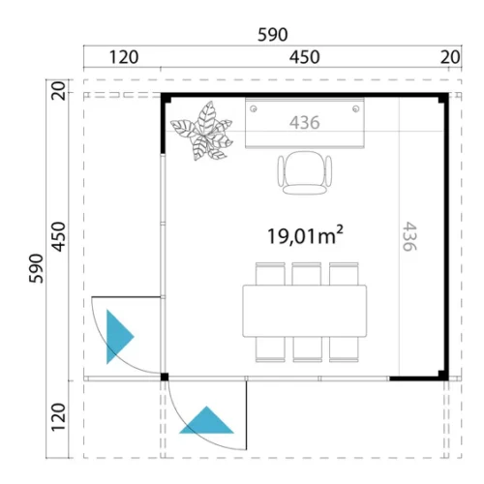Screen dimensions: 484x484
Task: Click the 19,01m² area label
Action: pos(305,235)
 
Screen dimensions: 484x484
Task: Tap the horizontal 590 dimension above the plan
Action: pos(273,35)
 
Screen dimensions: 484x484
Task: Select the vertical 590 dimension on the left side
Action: pos(36,268)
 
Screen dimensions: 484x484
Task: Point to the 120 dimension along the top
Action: pos(124,57)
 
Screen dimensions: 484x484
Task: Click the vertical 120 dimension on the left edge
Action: pos(58,417)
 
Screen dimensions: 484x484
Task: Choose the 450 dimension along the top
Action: pos(304,57)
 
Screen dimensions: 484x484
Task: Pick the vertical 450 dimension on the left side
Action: pos(58,236)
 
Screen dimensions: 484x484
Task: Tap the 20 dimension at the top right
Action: pos(450,57)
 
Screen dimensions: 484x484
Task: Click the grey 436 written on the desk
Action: pos(305,122)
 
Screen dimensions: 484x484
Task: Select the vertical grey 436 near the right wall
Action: pos(409,236)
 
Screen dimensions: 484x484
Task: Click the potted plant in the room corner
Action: pos(202,131)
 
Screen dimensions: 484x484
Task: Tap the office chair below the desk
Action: pos(305,172)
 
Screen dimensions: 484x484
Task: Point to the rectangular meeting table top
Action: pos(305,311)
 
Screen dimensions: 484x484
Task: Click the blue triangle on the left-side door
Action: pos(118,337)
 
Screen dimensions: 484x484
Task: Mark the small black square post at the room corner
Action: pos(165,377)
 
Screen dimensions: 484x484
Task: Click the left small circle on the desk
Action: pos(254,108)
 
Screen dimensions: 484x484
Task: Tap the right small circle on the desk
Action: pos(355,108)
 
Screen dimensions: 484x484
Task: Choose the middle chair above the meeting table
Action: pos(307,274)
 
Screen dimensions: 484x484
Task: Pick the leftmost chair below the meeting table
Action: pos(270,349)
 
